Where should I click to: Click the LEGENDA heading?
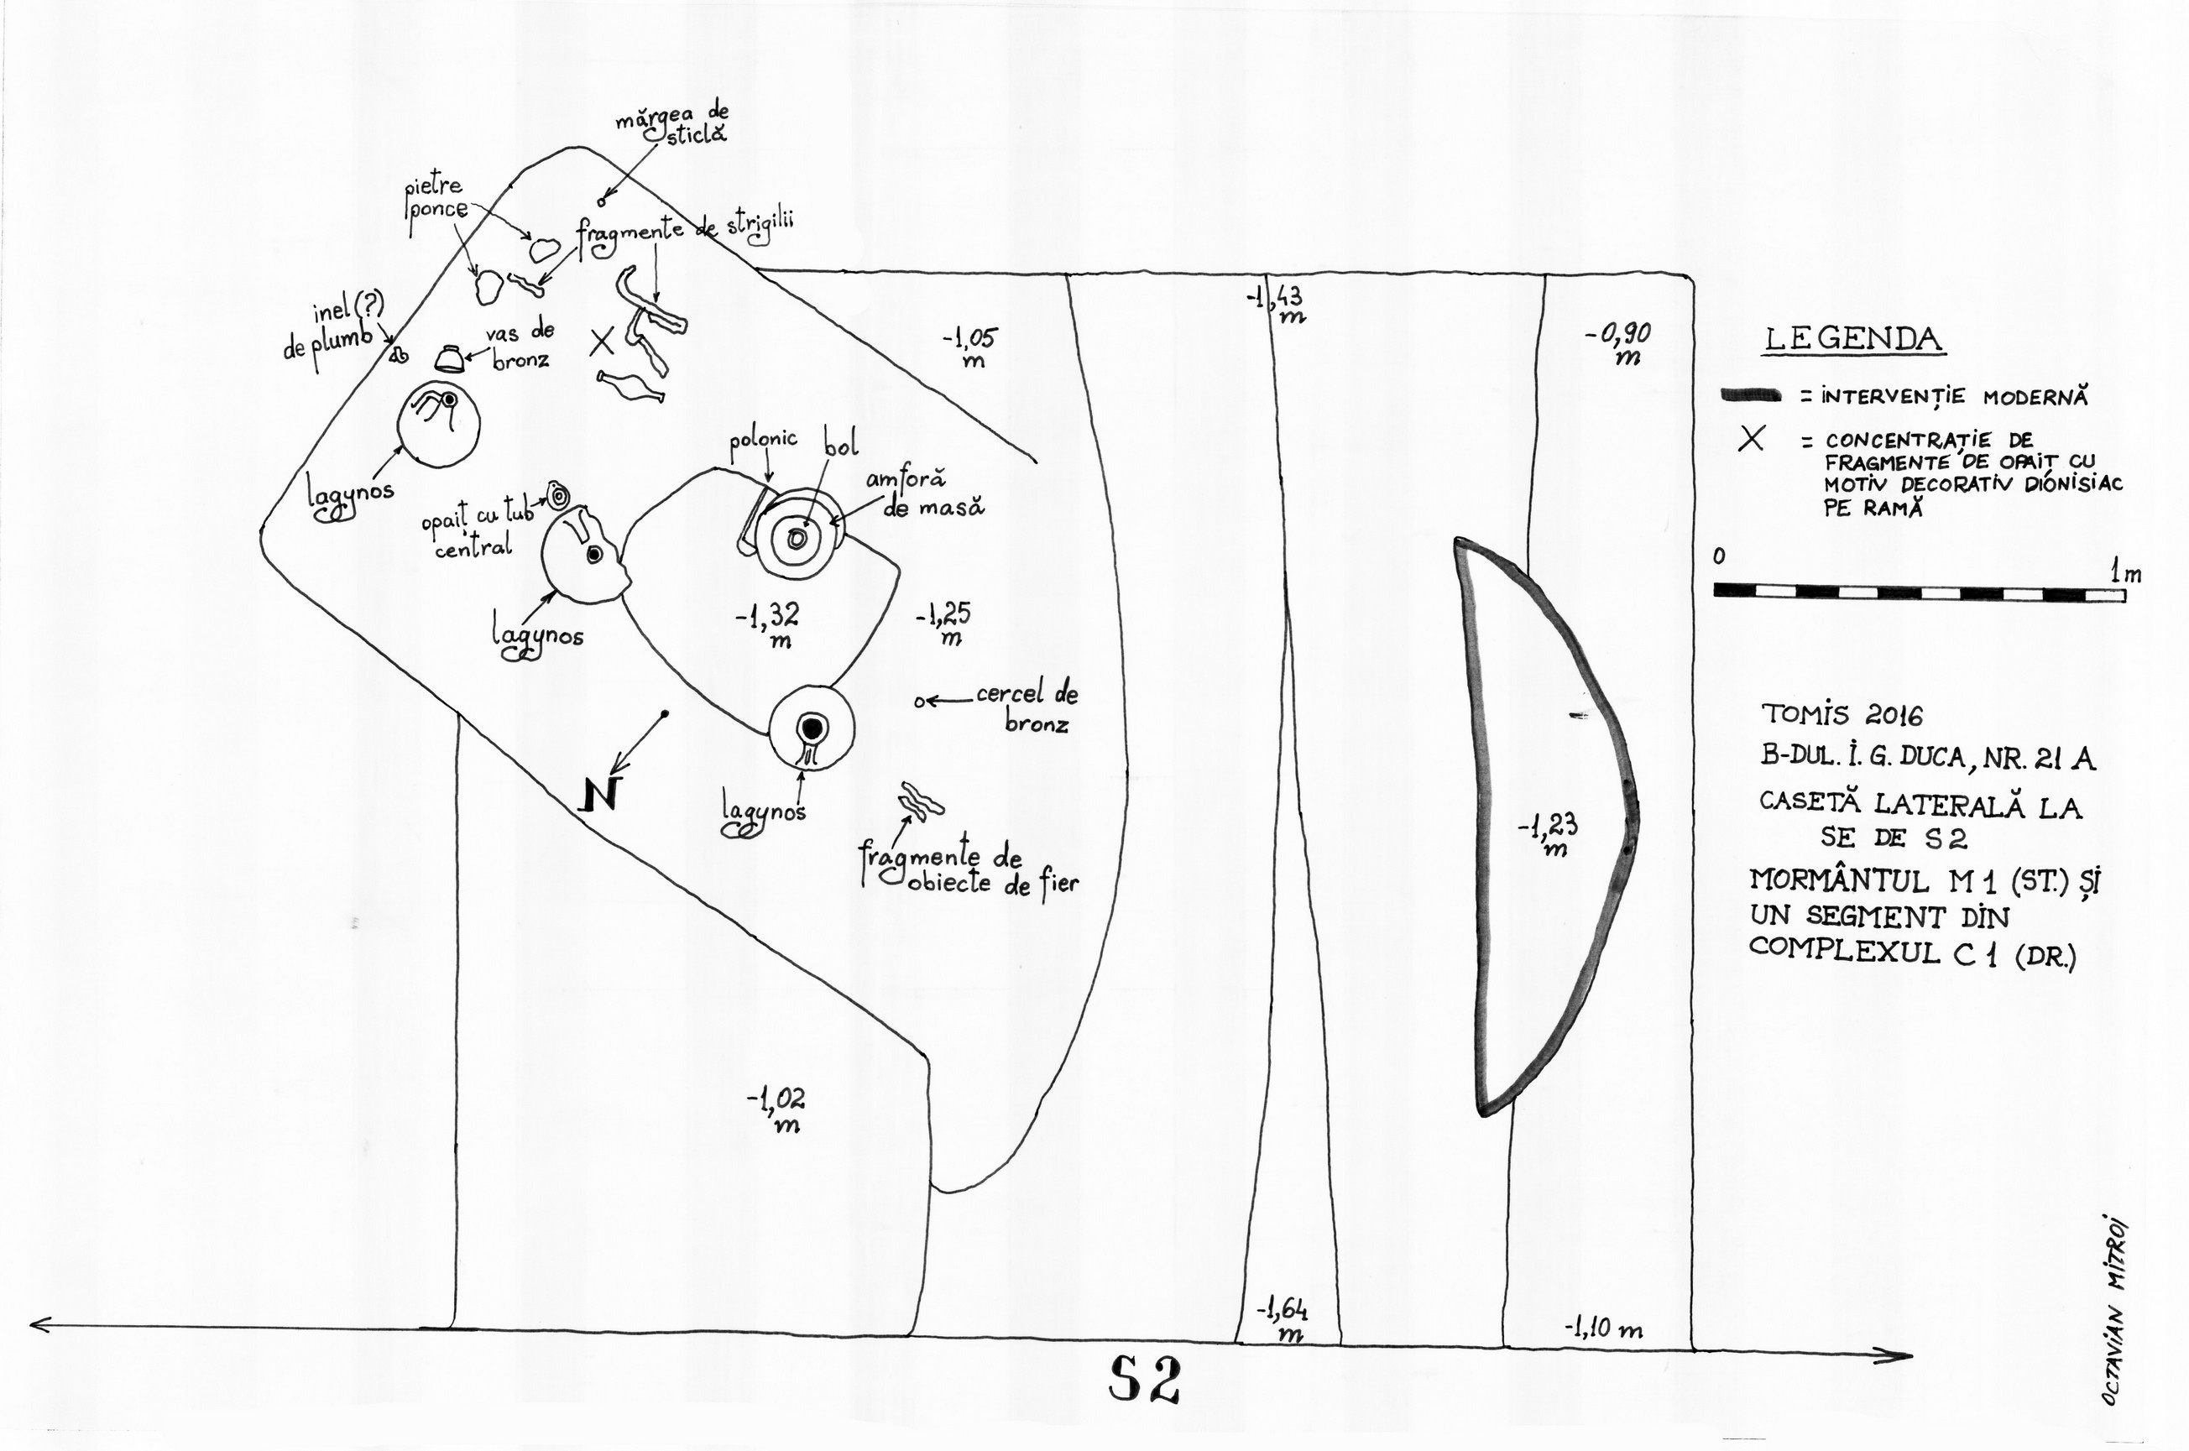tap(1852, 340)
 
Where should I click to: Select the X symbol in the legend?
tap(1750, 440)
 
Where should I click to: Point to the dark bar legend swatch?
tap(1751, 396)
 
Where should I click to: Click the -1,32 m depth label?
tap(768, 624)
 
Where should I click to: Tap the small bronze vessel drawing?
tap(450, 359)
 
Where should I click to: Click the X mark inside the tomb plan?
tap(603, 343)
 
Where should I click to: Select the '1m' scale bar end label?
tap(2125, 574)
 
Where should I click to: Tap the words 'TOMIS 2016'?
tap(1841, 714)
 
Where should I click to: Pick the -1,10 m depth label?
tap(1603, 1328)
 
